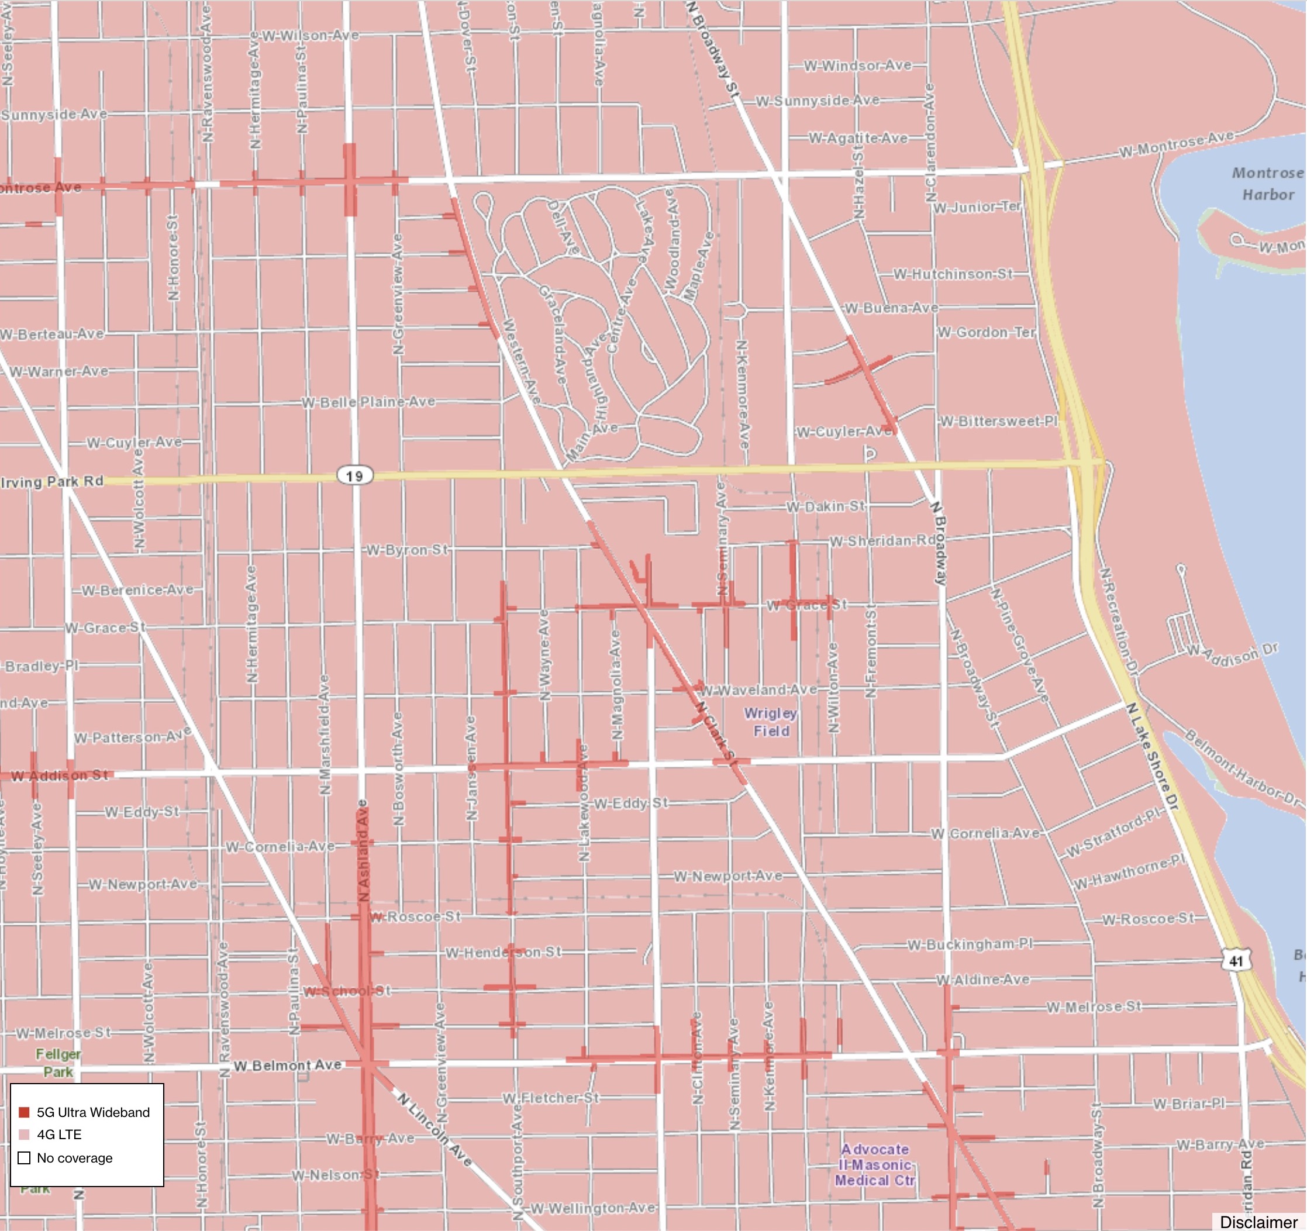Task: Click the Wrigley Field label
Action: [x=771, y=722]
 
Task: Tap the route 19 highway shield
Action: [x=354, y=475]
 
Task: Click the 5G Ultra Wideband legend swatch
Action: [x=25, y=1112]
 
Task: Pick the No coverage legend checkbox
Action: [x=25, y=1157]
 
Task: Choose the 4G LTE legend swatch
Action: [x=25, y=1135]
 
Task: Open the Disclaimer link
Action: [x=1258, y=1222]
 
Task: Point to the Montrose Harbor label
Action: [x=1267, y=184]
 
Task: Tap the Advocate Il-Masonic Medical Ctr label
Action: [x=874, y=1164]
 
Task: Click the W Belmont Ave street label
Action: [x=287, y=1065]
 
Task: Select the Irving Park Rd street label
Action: [x=53, y=481]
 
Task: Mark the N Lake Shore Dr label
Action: [x=1152, y=756]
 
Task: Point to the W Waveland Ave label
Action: [x=757, y=690]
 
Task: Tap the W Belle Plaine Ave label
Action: [x=368, y=401]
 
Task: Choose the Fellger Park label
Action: [x=58, y=1063]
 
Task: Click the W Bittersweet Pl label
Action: [x=998, y=421]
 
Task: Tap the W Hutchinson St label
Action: [x=953, y=274]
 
